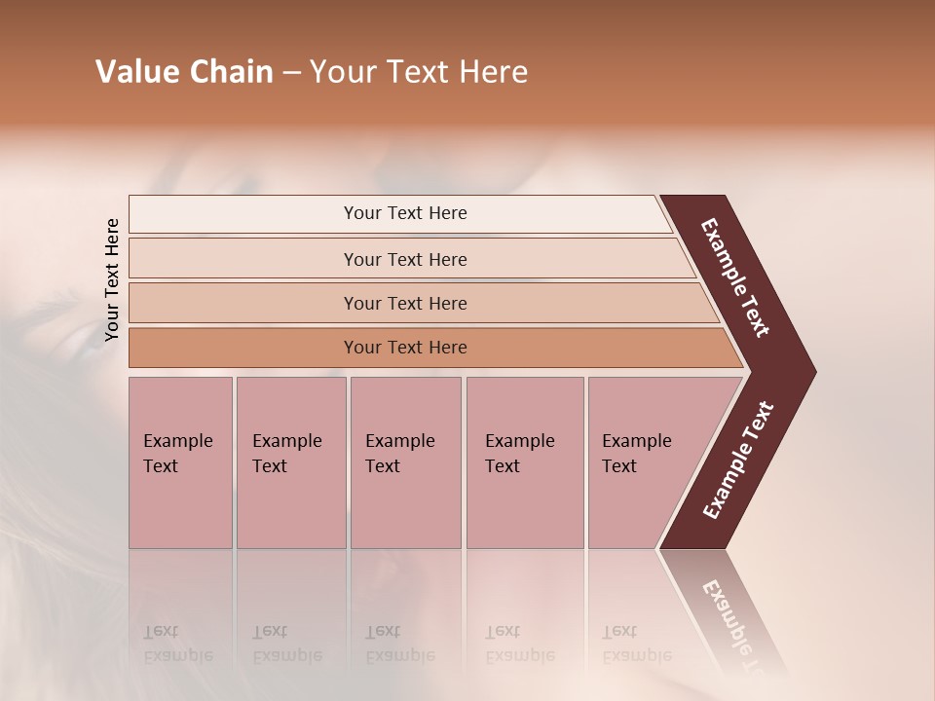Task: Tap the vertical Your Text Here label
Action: click(x=112, y=279)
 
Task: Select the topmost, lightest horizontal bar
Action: click(x=404, y=213)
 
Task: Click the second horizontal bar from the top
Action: click(x=404, y=259)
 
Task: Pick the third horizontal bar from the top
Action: click(x=404, y=303)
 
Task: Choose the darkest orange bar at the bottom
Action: click(x=404, y=348)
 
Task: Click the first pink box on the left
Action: click(x=180, y=461)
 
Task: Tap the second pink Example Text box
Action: click(x=290, y=461)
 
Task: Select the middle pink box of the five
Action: click(x=405, y=461)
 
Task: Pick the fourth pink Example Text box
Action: click(x=524, y=461)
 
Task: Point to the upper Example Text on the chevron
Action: click(x=735, y=277)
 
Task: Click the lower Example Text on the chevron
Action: click(x=737, y=461)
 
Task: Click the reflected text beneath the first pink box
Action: click(x=177, y=644)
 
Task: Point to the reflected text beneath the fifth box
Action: click(x=636, y=644)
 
